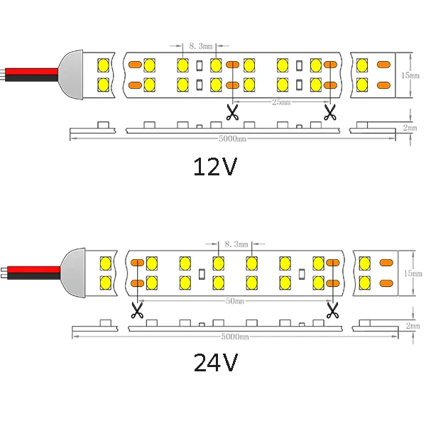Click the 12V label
[x=215, y=167]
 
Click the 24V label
[x=216, y=362]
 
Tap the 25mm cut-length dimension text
[x=281, y=102]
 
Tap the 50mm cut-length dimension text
[x=235, y=301]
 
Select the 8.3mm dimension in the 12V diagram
[x=201, y=46]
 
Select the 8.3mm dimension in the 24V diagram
[x=236, y=244]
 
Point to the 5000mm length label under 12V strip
[x=233, y=139]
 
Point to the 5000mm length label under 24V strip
[x=235, y=337]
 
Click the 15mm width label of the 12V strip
[x=410, y=75]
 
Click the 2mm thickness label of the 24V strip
[x=413, y=325]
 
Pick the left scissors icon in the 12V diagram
[x=232, y=113]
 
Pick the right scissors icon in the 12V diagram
[x=330, y=113]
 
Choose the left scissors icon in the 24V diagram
[x=137, y=310]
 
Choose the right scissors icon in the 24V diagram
[x=332, y=310]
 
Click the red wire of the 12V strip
[x=32, y=72]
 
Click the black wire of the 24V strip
[x=34, y=276]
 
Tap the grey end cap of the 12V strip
[x=72, y=75]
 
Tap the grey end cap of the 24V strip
[x=73, y=273]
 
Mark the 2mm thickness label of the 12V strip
[x=410, y=127]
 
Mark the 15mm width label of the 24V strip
[x=413, y=273]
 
